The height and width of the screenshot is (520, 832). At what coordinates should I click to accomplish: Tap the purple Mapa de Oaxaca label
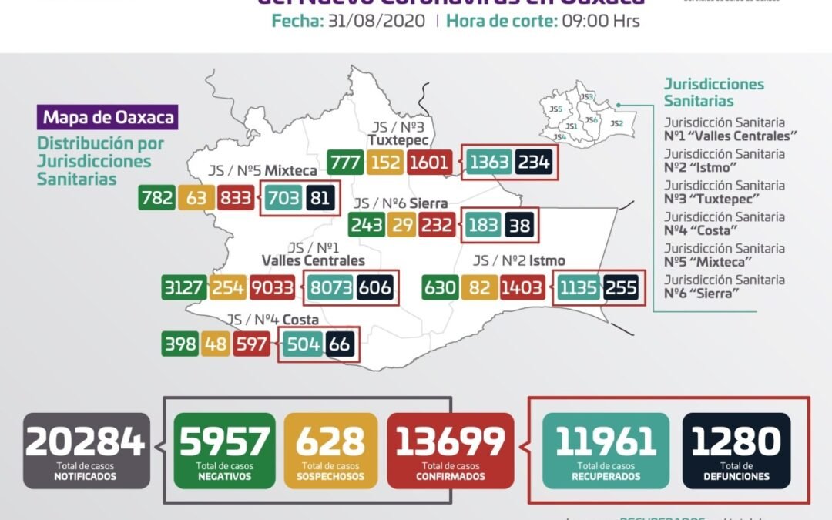coord(108,118)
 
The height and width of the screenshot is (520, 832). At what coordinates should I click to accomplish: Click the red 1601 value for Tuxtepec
coord(430,163)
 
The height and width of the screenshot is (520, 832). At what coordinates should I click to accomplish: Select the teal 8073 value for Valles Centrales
coord(331,288)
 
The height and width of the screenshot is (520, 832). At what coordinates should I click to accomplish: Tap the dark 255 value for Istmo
coord(620,288)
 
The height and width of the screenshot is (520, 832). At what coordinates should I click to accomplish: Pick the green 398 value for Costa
coord(179,344)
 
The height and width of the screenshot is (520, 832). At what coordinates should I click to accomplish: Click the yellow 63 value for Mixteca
coord(196,198)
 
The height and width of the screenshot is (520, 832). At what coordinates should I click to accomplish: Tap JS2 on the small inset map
coord(616,123)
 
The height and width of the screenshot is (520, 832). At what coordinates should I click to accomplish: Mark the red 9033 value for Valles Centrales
coord(273,288)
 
